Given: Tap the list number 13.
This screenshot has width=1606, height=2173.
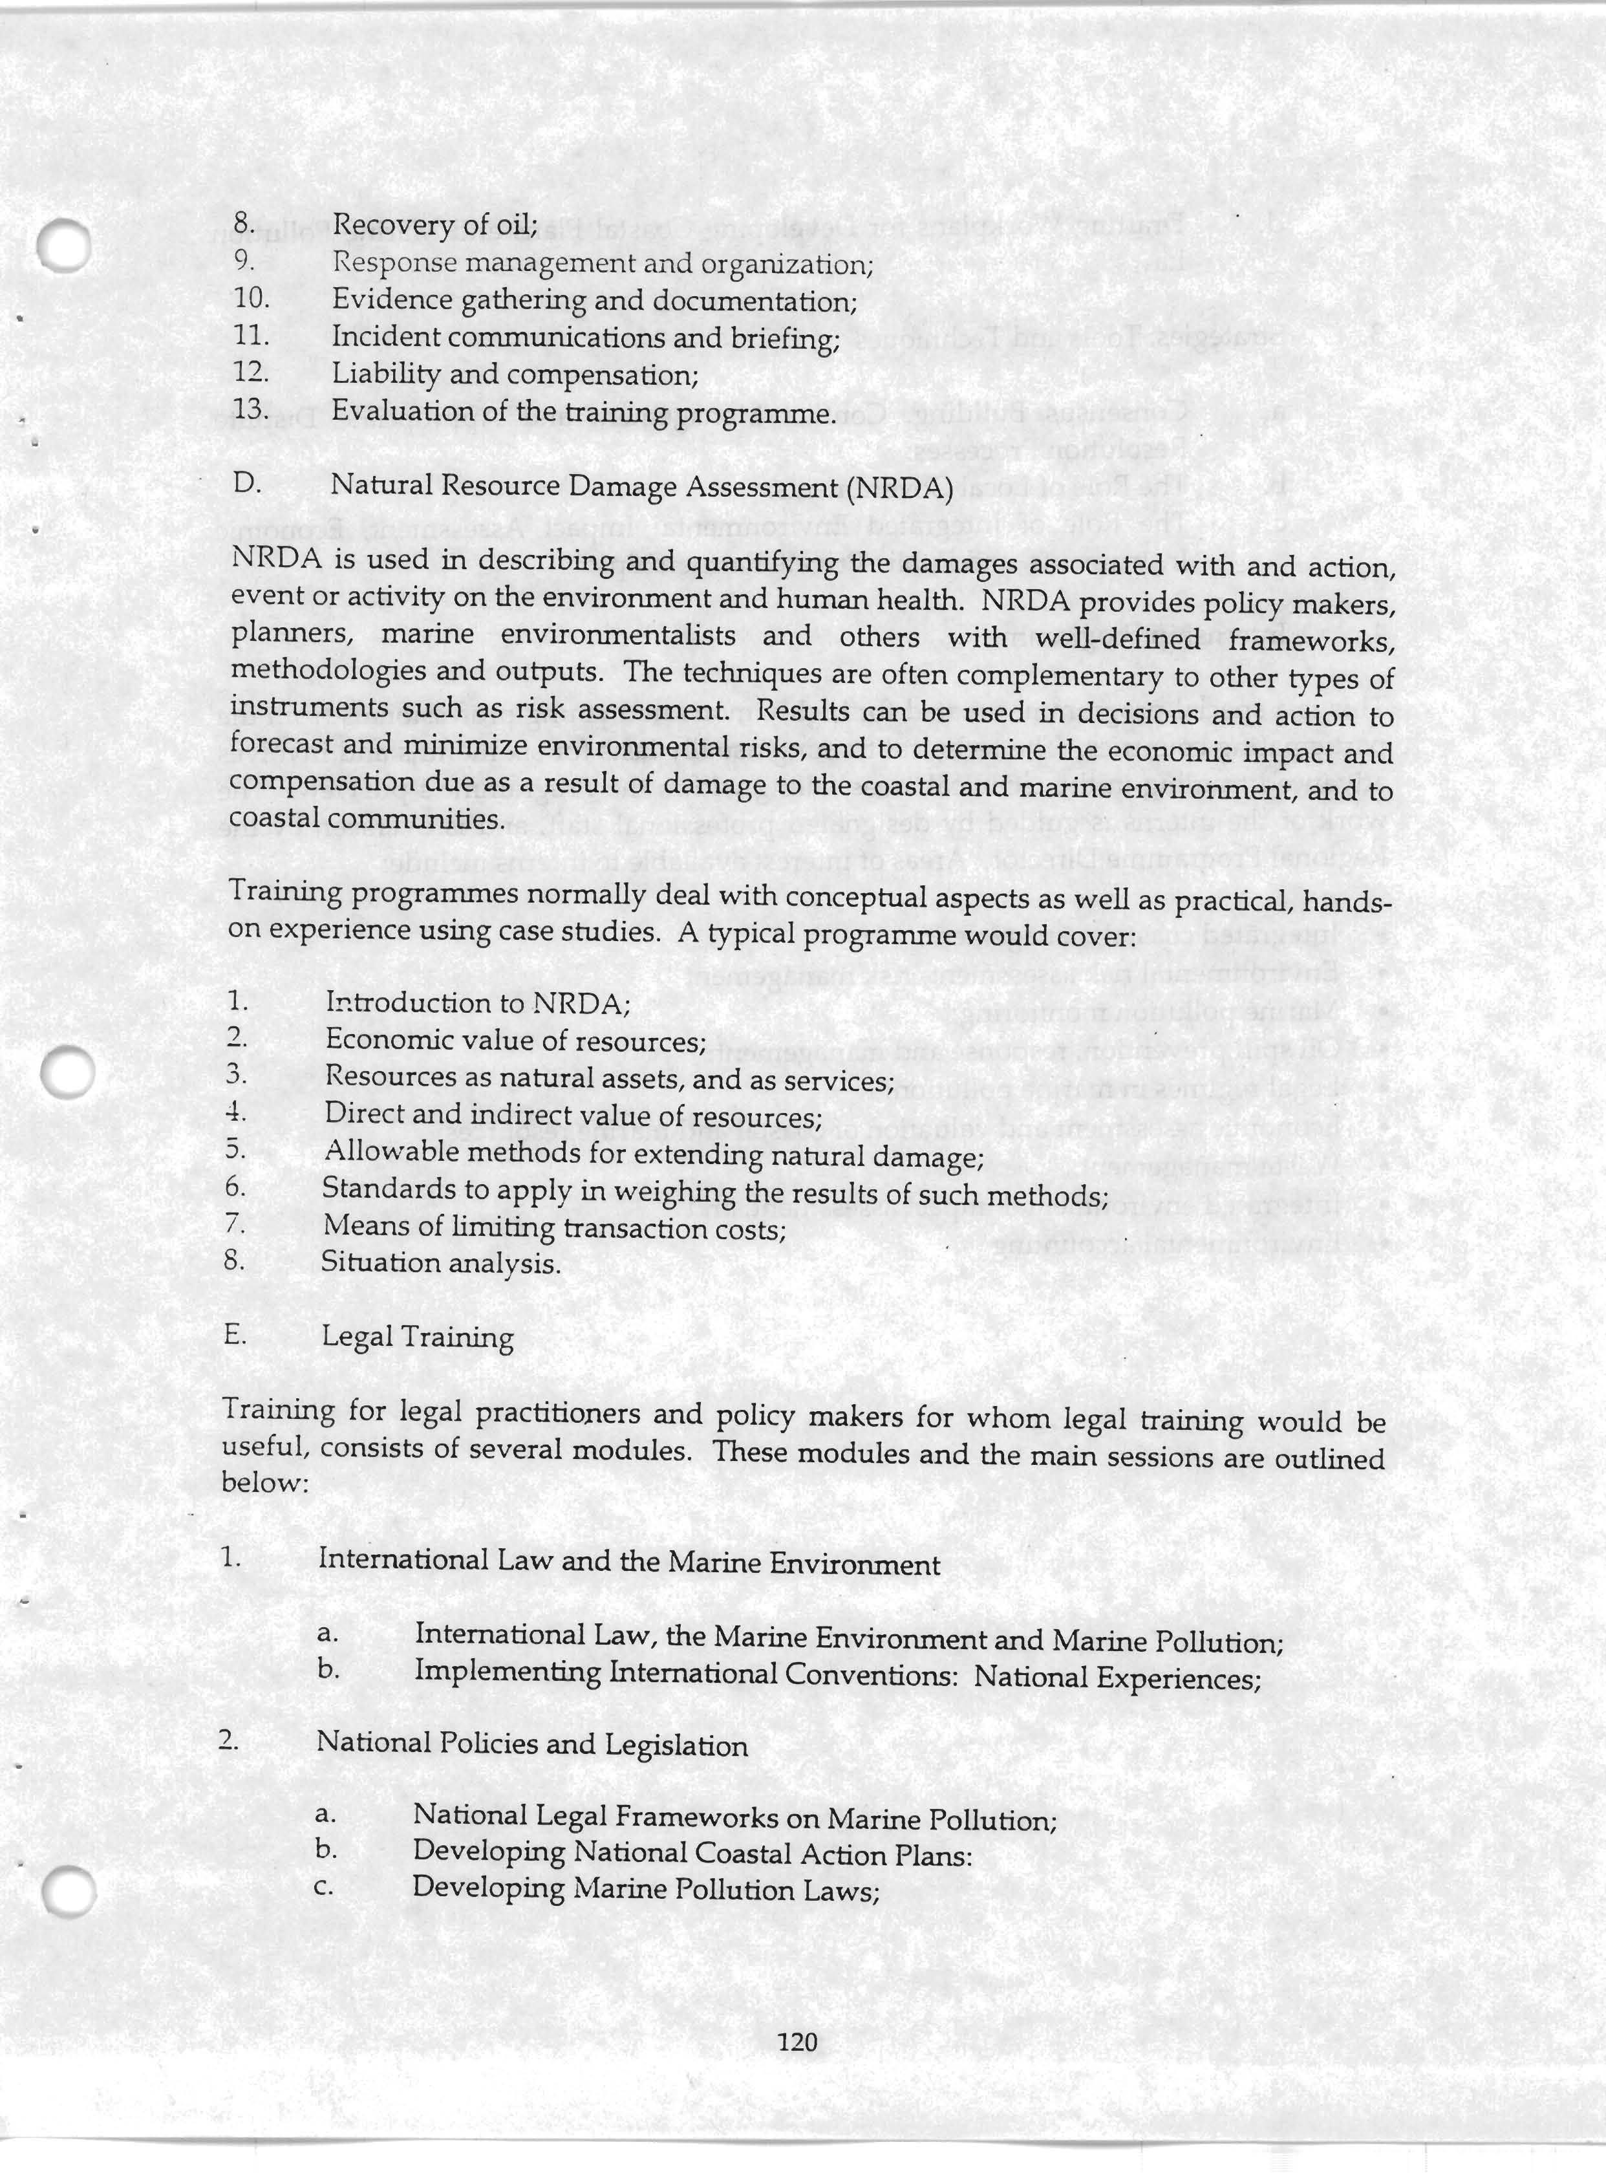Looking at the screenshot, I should [251, 409].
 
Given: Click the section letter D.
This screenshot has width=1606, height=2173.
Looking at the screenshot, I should [247, 483].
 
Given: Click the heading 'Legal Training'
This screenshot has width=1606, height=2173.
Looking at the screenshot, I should [418, 1338].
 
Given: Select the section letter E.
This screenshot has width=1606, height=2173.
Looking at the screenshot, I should [234, 1335].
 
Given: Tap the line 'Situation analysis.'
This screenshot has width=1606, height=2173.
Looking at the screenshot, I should [442, 1264].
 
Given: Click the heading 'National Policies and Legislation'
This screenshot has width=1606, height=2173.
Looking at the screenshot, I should [531, 1746].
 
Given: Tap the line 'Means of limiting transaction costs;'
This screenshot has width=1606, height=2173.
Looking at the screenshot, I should [554, 1229].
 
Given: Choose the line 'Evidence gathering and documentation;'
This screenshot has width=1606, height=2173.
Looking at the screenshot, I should [594, 301].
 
